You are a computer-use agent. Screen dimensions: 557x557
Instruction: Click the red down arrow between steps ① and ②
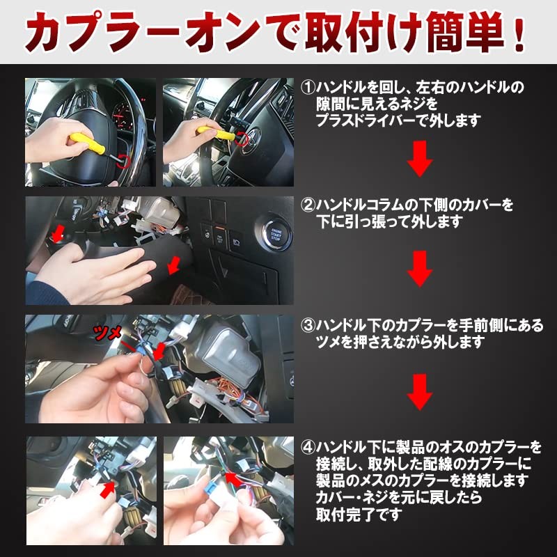[x=419, y=157]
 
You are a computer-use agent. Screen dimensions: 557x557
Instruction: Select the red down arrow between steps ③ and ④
[x=419, y=392]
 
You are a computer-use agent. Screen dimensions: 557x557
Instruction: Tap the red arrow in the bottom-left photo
[x=107, y=489]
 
